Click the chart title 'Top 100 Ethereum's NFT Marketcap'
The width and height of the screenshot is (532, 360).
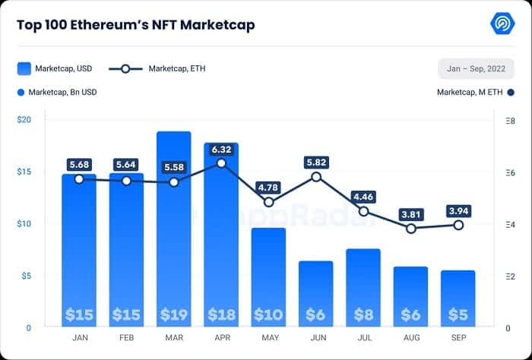coord(135,25)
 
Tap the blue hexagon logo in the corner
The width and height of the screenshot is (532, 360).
coord(502,24)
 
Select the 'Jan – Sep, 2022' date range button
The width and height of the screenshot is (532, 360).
coord(476,68)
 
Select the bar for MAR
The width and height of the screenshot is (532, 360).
coord(173,228)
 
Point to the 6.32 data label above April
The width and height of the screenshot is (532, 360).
coord(221,150)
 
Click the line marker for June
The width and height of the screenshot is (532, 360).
coord(316,177)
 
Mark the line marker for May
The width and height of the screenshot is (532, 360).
coord(269,202)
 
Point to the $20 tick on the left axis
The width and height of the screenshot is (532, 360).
coord(24,121)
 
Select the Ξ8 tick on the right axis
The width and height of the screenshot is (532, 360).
coord(510,121)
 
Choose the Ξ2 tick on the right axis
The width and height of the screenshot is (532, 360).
coord(510,276)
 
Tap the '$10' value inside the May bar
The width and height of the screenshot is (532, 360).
coord(268,314)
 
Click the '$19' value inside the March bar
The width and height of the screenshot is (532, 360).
coord(173,314)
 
